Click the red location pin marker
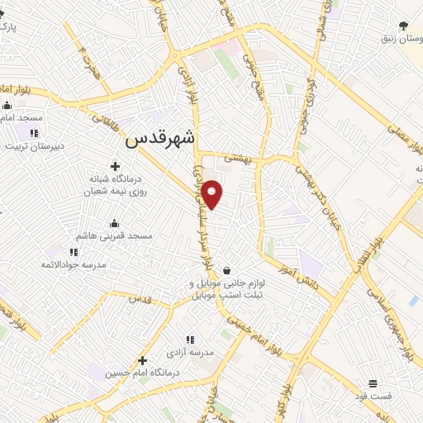tap(212, 194)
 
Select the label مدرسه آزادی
tap(191, 353)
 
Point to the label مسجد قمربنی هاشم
tap(115, 236)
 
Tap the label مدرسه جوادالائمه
tap(74, 264)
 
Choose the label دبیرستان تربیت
tap(34, 146)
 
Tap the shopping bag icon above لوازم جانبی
tap(226, 270)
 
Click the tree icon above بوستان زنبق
tap(402, 26)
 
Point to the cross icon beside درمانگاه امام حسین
tap(143, 360)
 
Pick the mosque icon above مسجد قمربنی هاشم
tap(115, 223)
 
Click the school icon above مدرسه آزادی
tap(190, 340)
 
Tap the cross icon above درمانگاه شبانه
tap(115, 166)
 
